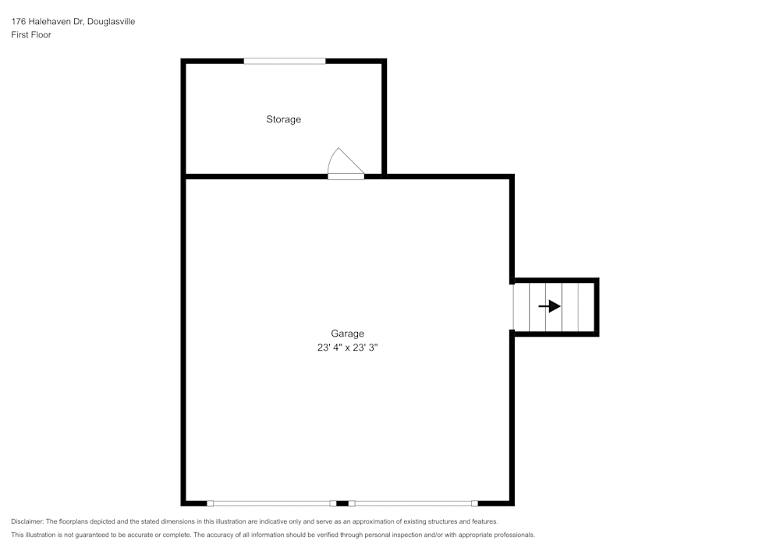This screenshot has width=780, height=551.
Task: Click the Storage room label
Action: [283, 119]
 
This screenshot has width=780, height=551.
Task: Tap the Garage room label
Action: [347, 334]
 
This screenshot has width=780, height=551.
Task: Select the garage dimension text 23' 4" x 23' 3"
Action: [347, 348]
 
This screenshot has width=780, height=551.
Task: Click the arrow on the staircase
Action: [550, 306]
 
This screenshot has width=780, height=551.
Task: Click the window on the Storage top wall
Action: [284, 61]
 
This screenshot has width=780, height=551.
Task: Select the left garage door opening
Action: [271, 503]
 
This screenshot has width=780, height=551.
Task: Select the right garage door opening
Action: [413, 503]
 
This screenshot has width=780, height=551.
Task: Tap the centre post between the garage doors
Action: [342, 503]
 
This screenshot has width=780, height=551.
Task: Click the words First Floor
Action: [31, 35]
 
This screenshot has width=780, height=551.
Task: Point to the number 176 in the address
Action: [18, 22]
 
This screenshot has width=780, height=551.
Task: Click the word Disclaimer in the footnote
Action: [27, 521]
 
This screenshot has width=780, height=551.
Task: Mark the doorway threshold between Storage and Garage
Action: [346, 177]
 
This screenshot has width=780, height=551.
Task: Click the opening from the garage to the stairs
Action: [513, 306]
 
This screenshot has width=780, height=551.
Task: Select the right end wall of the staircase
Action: [597, 307]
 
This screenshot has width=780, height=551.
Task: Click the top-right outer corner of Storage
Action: [385, 61]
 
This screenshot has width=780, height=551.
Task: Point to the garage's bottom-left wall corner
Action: [184, 503]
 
